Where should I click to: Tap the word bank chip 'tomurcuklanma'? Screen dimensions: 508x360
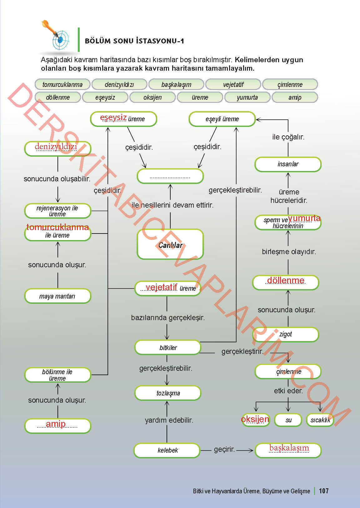(62, 84)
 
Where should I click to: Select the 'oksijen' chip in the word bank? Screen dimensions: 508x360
(152, 97)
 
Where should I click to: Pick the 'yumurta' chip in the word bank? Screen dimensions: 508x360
(247, 97)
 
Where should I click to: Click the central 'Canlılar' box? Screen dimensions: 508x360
(170, 244)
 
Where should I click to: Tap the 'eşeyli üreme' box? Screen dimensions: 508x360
(222, 119)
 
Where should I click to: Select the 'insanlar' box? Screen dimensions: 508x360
(288, 164)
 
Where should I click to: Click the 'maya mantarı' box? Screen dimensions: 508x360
(57, 296)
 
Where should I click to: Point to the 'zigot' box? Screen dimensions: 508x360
(286, 334)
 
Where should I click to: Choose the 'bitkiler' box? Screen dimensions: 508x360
(168, 348)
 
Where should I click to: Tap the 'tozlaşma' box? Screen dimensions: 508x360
(168, 393)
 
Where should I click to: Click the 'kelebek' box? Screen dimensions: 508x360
(167, 450)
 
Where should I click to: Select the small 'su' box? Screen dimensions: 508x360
(288, 420)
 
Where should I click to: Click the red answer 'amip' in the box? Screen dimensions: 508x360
(56, 424)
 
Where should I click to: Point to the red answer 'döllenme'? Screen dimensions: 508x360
(286, 280)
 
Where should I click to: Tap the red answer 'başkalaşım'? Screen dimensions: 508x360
(289, 448)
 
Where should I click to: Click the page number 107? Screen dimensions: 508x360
(323, 491)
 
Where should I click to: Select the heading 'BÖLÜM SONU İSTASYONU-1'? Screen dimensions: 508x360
(134, 41)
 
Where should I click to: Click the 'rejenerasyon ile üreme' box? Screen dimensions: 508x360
(57, 211)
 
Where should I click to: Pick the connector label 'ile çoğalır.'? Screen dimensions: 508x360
(288, 137)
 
